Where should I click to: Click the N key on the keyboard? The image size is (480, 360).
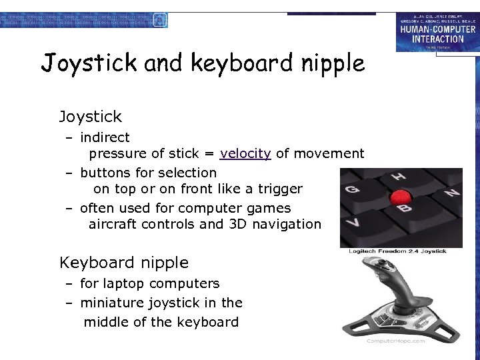(453, 193)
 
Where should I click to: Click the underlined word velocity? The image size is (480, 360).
(245, 154)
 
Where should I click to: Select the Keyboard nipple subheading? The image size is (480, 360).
(124, 263)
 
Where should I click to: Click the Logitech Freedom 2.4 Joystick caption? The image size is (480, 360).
(397, 251)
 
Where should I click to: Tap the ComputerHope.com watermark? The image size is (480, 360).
(395, 341)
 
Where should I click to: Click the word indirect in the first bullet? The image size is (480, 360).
(105, 137)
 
